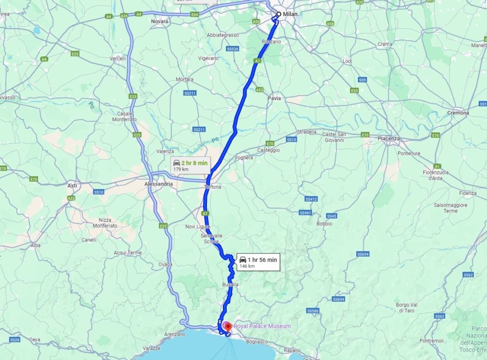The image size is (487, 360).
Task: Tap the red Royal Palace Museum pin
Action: click(x=228, y=327)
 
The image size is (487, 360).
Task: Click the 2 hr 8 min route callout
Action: click(x=190, y=165)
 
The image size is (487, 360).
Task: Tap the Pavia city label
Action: click(x=274, y=98)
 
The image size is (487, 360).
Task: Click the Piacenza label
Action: click(x=389, y=139)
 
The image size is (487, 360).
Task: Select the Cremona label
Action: click(x=458, y=113)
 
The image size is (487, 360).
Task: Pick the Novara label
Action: click(x=159, y=22)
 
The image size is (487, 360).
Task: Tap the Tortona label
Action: click(x=213, y=187)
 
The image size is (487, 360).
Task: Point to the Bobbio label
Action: click(x=325, y=224)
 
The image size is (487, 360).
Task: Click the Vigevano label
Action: click(x=208, y=58)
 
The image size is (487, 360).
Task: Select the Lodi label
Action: click(x=347, y=61)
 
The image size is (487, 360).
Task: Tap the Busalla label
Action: click(x=230, y=284)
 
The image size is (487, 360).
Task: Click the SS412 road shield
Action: click(x=311, y=199)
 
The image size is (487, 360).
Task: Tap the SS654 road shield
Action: click(x=363, y=254)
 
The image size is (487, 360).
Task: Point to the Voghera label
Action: click(x=244, y=157)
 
